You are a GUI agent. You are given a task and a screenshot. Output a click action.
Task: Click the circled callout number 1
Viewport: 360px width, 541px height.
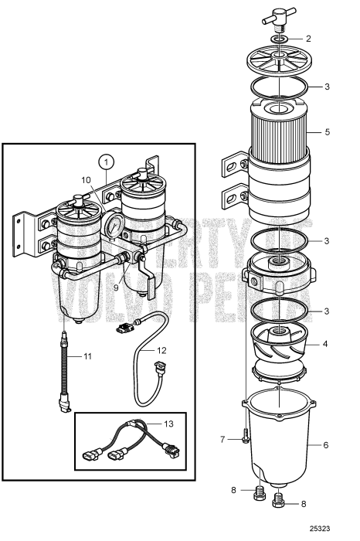[x=106, y=163]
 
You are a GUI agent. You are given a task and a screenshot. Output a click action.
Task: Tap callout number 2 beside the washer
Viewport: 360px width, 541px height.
[x=308, y=38]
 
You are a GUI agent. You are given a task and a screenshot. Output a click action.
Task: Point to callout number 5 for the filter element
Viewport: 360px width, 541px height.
[x=328, y=132]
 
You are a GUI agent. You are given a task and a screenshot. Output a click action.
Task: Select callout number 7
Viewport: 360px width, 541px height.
[x=222, y=440]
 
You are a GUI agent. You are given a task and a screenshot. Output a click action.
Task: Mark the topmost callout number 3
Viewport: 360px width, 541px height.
[x=328, y=86]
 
